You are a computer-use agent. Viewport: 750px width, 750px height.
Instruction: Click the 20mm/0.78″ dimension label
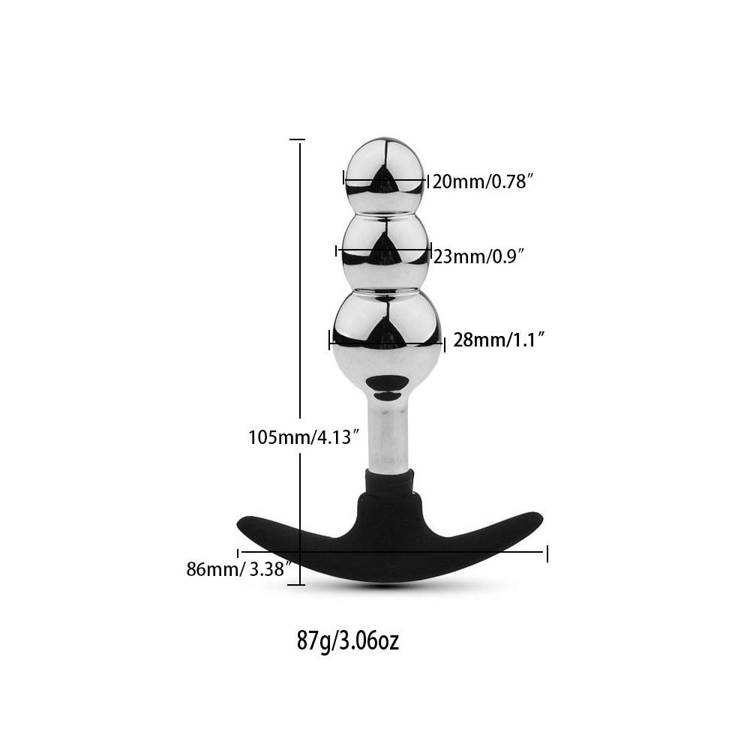click(482, 181)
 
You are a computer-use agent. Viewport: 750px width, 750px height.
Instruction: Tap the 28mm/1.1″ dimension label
click(499, 340)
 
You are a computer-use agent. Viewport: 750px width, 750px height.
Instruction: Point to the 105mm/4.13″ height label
click(304, 437)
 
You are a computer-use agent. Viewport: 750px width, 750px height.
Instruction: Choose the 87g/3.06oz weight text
click(348, 641)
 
